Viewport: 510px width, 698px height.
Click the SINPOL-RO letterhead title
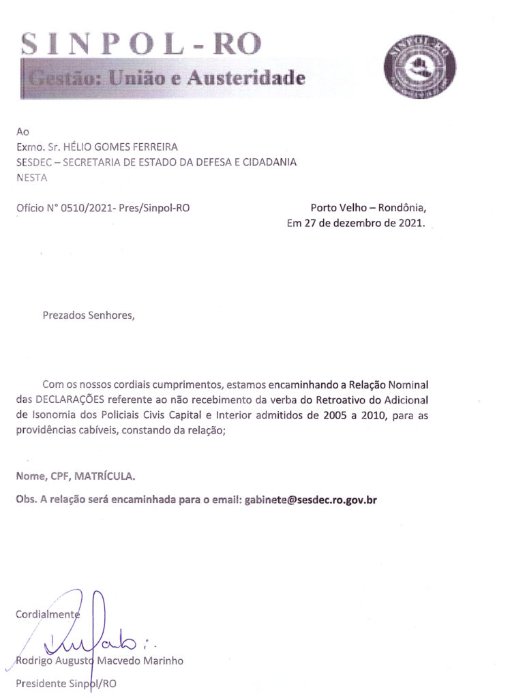click(141, 44)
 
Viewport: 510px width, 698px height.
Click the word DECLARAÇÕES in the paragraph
click(70, 399)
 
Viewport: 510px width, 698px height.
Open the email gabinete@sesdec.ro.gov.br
click(311, 499)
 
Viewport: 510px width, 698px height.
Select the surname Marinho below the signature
click(163, 661)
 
